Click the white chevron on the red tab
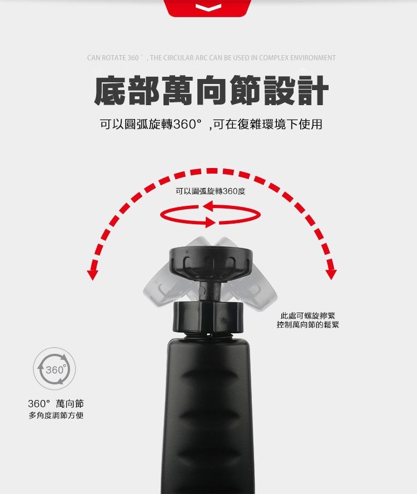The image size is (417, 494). point(208,7)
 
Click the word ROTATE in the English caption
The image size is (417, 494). point(114,58)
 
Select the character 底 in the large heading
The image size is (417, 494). point(110,91)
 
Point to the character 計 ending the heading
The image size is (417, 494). point(312,91)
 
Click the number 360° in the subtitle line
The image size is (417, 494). point(187,125)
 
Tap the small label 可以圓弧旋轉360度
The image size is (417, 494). point(210,191)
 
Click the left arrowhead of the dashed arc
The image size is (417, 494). point(92,275)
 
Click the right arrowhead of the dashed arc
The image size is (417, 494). point(331,274)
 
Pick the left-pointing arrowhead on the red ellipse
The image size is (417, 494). point(210,207)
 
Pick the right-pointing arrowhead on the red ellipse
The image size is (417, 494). point(210,221)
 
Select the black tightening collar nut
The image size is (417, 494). point(209,317)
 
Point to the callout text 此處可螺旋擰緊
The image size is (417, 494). point(307,315)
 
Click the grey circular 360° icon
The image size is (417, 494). point(54,369)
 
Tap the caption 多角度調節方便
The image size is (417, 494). point(56,415)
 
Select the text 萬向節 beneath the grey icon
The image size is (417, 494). point(70,403)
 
